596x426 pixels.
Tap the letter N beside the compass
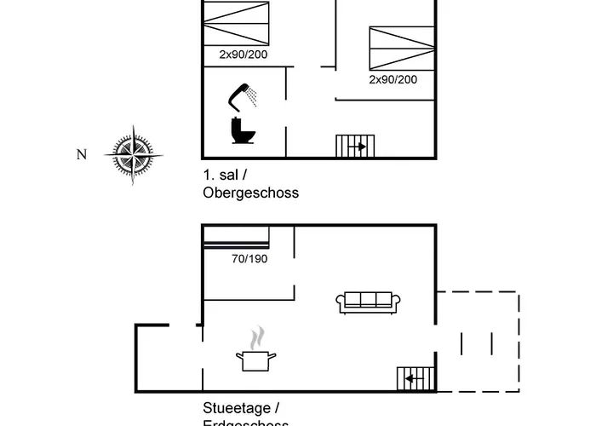tap(82, 154)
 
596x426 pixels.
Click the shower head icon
tap(244, 95)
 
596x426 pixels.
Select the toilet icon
tap(244, 130)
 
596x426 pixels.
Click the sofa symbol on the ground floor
tap(368, 300)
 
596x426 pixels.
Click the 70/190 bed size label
tap(249, 259)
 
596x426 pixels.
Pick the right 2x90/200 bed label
tap(393, 79)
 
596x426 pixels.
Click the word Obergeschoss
tap(250, 193)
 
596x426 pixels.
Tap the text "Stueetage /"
tap(241, 408)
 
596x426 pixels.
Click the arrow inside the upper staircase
tap(359, 147)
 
